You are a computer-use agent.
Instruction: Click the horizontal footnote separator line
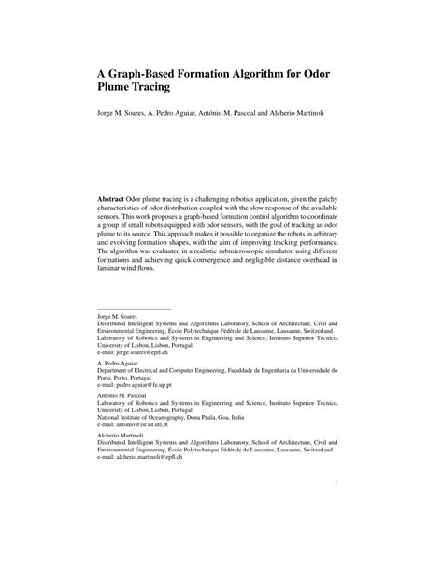(x=135, y=309)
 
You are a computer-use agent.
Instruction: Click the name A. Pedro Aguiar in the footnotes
(x=120, y=364)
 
